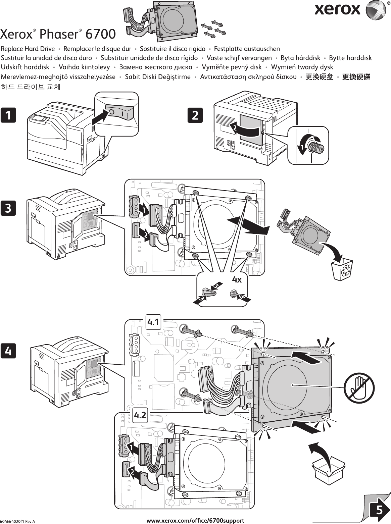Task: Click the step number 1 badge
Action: [x=8, y=115]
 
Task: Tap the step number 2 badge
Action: [x=195, y=115]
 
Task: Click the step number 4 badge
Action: [x=8, y=351]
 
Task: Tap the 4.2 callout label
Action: [x=140, y=415]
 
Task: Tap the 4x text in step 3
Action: [x=237, y=279]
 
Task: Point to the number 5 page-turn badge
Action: [x=378, y=511]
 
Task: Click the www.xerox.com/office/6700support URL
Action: [x=196, y=521]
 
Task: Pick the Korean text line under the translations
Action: [x=32, y=87]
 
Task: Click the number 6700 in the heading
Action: [x=101, y=34]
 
